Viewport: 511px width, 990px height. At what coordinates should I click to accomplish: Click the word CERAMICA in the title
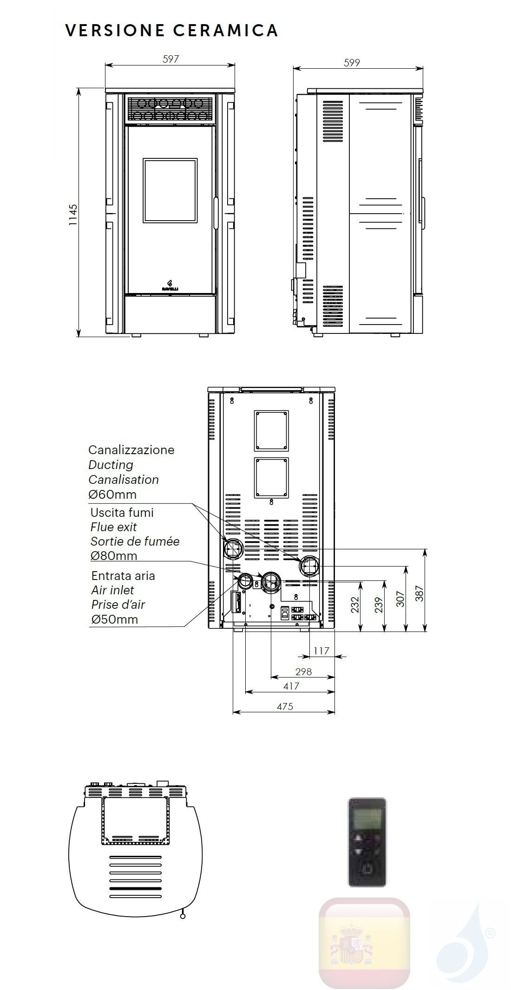[225, 30]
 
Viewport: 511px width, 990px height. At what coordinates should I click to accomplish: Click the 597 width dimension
[170, 59]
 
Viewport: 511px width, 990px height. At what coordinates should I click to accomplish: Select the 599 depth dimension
[352, 63]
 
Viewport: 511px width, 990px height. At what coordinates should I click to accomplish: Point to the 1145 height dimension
[73, 215]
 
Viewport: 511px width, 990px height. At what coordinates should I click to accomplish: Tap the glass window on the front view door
[170, 190]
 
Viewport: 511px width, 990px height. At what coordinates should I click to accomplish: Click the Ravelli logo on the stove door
[170, 285]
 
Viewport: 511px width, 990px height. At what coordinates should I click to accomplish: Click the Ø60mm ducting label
[112, 494]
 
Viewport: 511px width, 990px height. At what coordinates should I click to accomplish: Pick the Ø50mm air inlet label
[114, 619]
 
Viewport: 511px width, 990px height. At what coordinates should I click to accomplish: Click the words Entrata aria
[123, 576]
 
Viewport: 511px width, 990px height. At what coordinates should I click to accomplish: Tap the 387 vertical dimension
[419, 593]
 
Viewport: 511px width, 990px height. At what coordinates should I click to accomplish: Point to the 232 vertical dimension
[355, 605]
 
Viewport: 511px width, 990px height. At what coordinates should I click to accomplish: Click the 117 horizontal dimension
[321, 651]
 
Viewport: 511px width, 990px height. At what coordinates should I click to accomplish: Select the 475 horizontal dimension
[285, 706]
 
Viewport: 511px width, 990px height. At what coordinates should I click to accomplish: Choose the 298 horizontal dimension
[303, 671]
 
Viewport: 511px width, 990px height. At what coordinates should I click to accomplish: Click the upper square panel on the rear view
[271, 430]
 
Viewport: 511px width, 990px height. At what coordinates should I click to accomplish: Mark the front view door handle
[216, 210]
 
